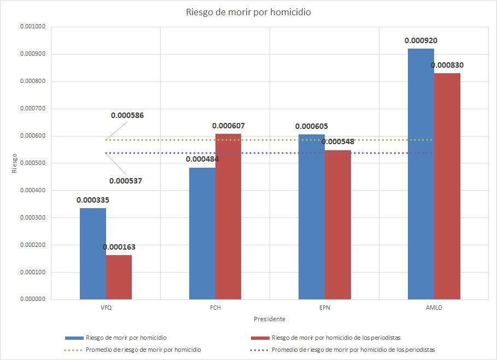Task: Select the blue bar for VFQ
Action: [92, 253]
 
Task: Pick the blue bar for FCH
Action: [202, 233]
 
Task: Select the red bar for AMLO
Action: [447, 186]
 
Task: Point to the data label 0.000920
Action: [421, 40]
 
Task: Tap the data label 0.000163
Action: [119, 247]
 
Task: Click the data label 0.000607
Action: [229, 126]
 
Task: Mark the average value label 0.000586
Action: [127, 115]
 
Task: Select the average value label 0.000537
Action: [125, 181]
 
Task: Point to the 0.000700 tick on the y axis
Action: [33, 109]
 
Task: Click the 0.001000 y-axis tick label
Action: [33, 27]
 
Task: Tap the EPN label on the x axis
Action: [324, 308]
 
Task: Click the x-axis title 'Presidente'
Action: [270, 319]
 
